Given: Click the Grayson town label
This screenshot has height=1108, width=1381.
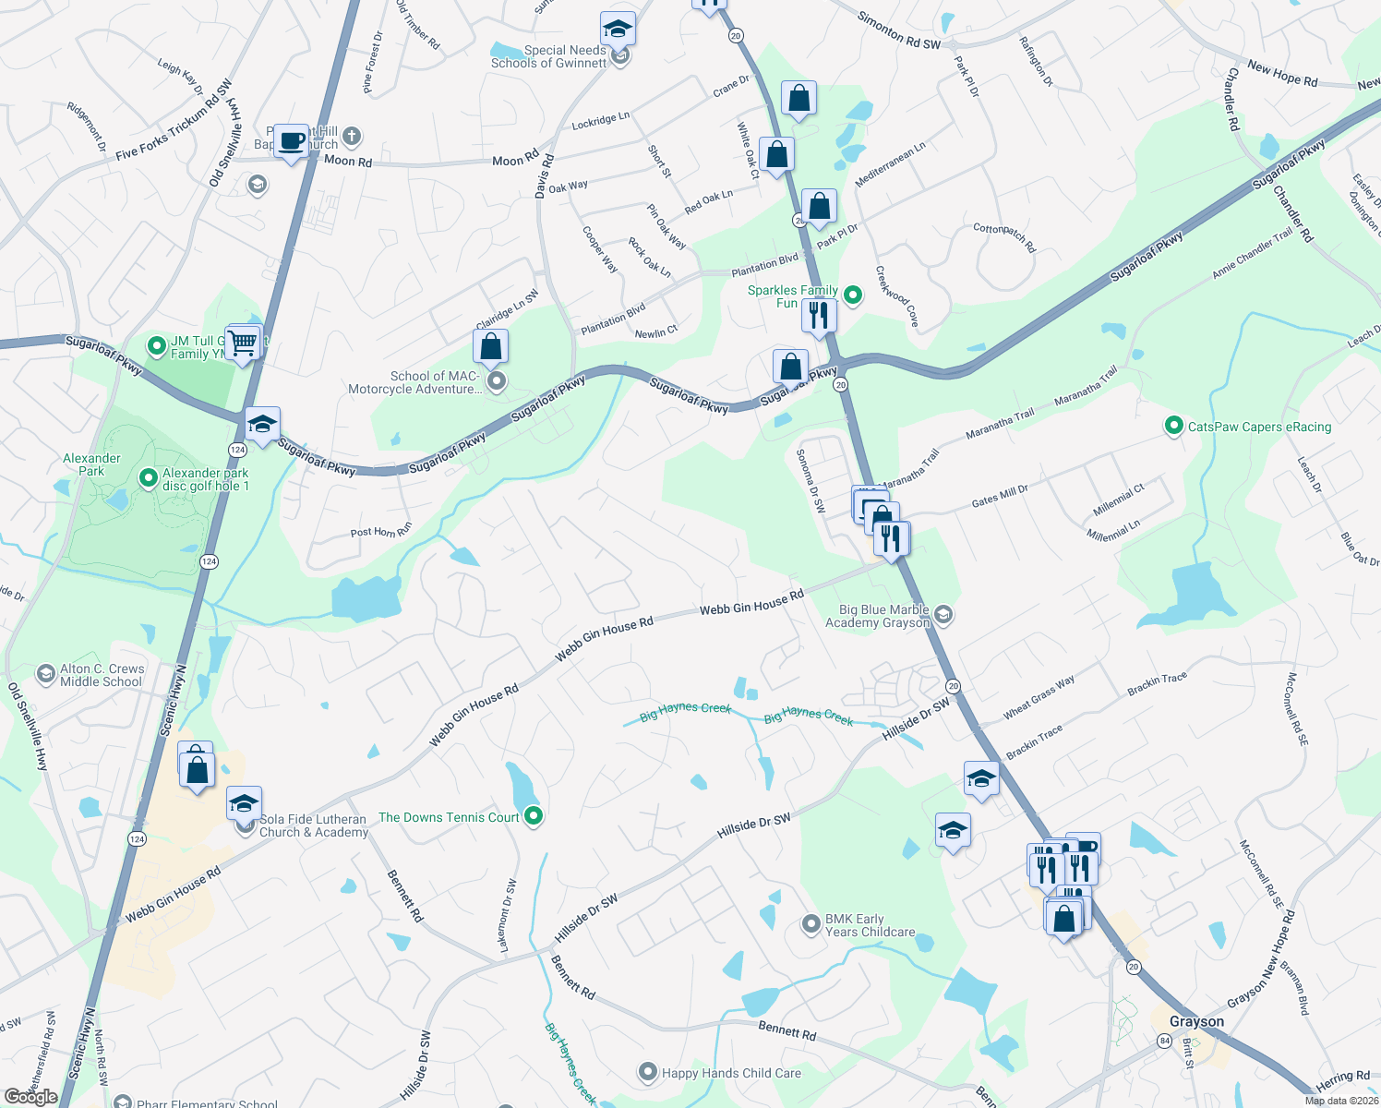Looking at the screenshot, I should pyautogui.click(x=1196, y=1021).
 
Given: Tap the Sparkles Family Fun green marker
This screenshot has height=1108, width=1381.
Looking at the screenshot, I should pyautogui.click(x=854, y=295).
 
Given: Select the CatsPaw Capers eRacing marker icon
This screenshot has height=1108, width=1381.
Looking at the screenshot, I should pyautogui.click(x=1174, y=426).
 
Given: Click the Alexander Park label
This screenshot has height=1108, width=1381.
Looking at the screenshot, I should pyautogui.click(x=91, y=464).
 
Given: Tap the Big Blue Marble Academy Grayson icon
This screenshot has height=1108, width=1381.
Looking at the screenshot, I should pyautogui.click(x=943, y=614).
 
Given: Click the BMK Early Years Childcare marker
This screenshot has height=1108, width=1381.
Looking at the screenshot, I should pyautogui.click(x=811, y=923).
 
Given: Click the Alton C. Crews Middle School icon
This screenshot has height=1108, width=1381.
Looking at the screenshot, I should pyautogui.click(x=46, y=674).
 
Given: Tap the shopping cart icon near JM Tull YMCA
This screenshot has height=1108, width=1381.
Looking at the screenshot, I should pyautogui.click(x=243, y=343).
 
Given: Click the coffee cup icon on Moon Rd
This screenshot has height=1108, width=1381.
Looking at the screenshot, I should pyautogui.click(x=292, y=142).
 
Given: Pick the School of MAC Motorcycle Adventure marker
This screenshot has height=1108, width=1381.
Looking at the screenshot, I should pyautogui.click(x=497, y=381).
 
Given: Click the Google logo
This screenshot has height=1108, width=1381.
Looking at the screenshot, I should pyautogui.click(x=30, y=1097).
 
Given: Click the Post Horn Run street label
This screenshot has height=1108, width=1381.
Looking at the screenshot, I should pyautogui.click(x=380, y=532).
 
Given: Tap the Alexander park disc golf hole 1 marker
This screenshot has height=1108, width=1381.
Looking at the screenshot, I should pyautogui.click(x=148, y=477).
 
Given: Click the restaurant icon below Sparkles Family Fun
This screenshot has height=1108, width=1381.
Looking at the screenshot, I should pyautogui.click(x=819, y=316).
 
